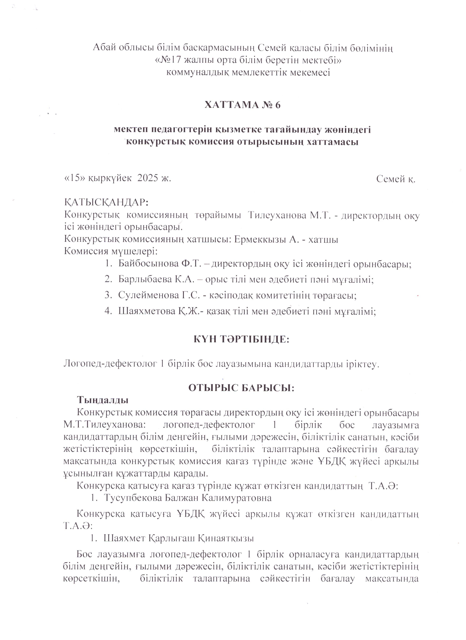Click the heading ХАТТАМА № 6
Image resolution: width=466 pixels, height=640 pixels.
pyautogui.click(x=242, y=105)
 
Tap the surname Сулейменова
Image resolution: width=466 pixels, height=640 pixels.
pyautogui.click(x=148, y=295)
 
